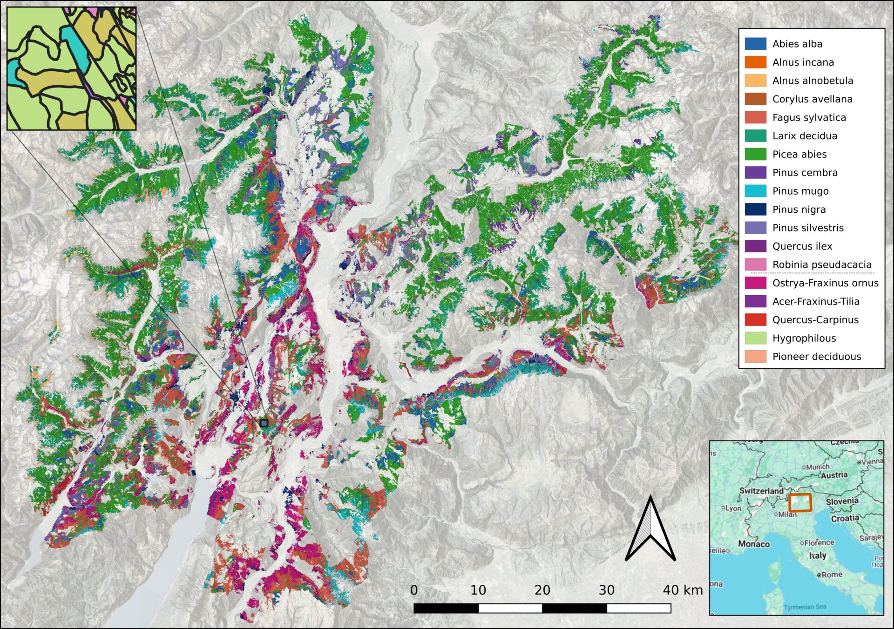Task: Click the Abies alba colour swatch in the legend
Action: click(x=755, y=44)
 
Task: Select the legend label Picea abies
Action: click(x=799, y=154)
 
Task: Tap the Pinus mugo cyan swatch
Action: click(x=755, y=191)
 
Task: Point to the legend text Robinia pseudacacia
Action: click(x=821, y=264)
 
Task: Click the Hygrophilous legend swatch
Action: click(x=755, y=338)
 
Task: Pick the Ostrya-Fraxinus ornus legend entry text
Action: click(x=825, y=283)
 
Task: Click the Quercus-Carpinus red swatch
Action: click(x=755, y=320)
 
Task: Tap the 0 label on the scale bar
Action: click(x=414, y=590)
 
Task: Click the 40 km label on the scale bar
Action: click(x=683, y=590)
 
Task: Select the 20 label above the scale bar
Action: click(x=542, y=590)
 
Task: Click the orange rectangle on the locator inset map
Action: click(x=800, y=503)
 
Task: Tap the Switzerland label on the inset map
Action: click(x=761, y=491)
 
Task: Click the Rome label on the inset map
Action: click(x=831, y=575)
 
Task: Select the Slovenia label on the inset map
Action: click(x=842, y=501)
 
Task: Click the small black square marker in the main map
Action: click(x=264, y=423)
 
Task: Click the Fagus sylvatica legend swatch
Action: click(x=755, y=117)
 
